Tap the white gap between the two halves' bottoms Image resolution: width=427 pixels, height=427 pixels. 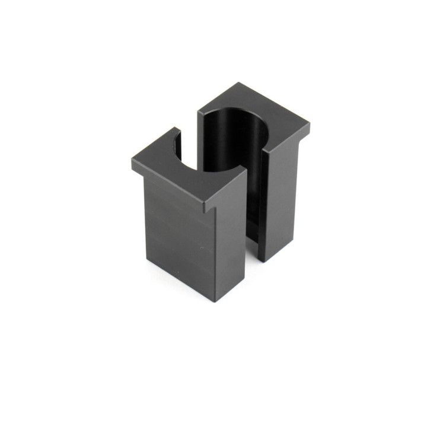point(251,261)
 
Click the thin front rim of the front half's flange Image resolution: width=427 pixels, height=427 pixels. point(166,190)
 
